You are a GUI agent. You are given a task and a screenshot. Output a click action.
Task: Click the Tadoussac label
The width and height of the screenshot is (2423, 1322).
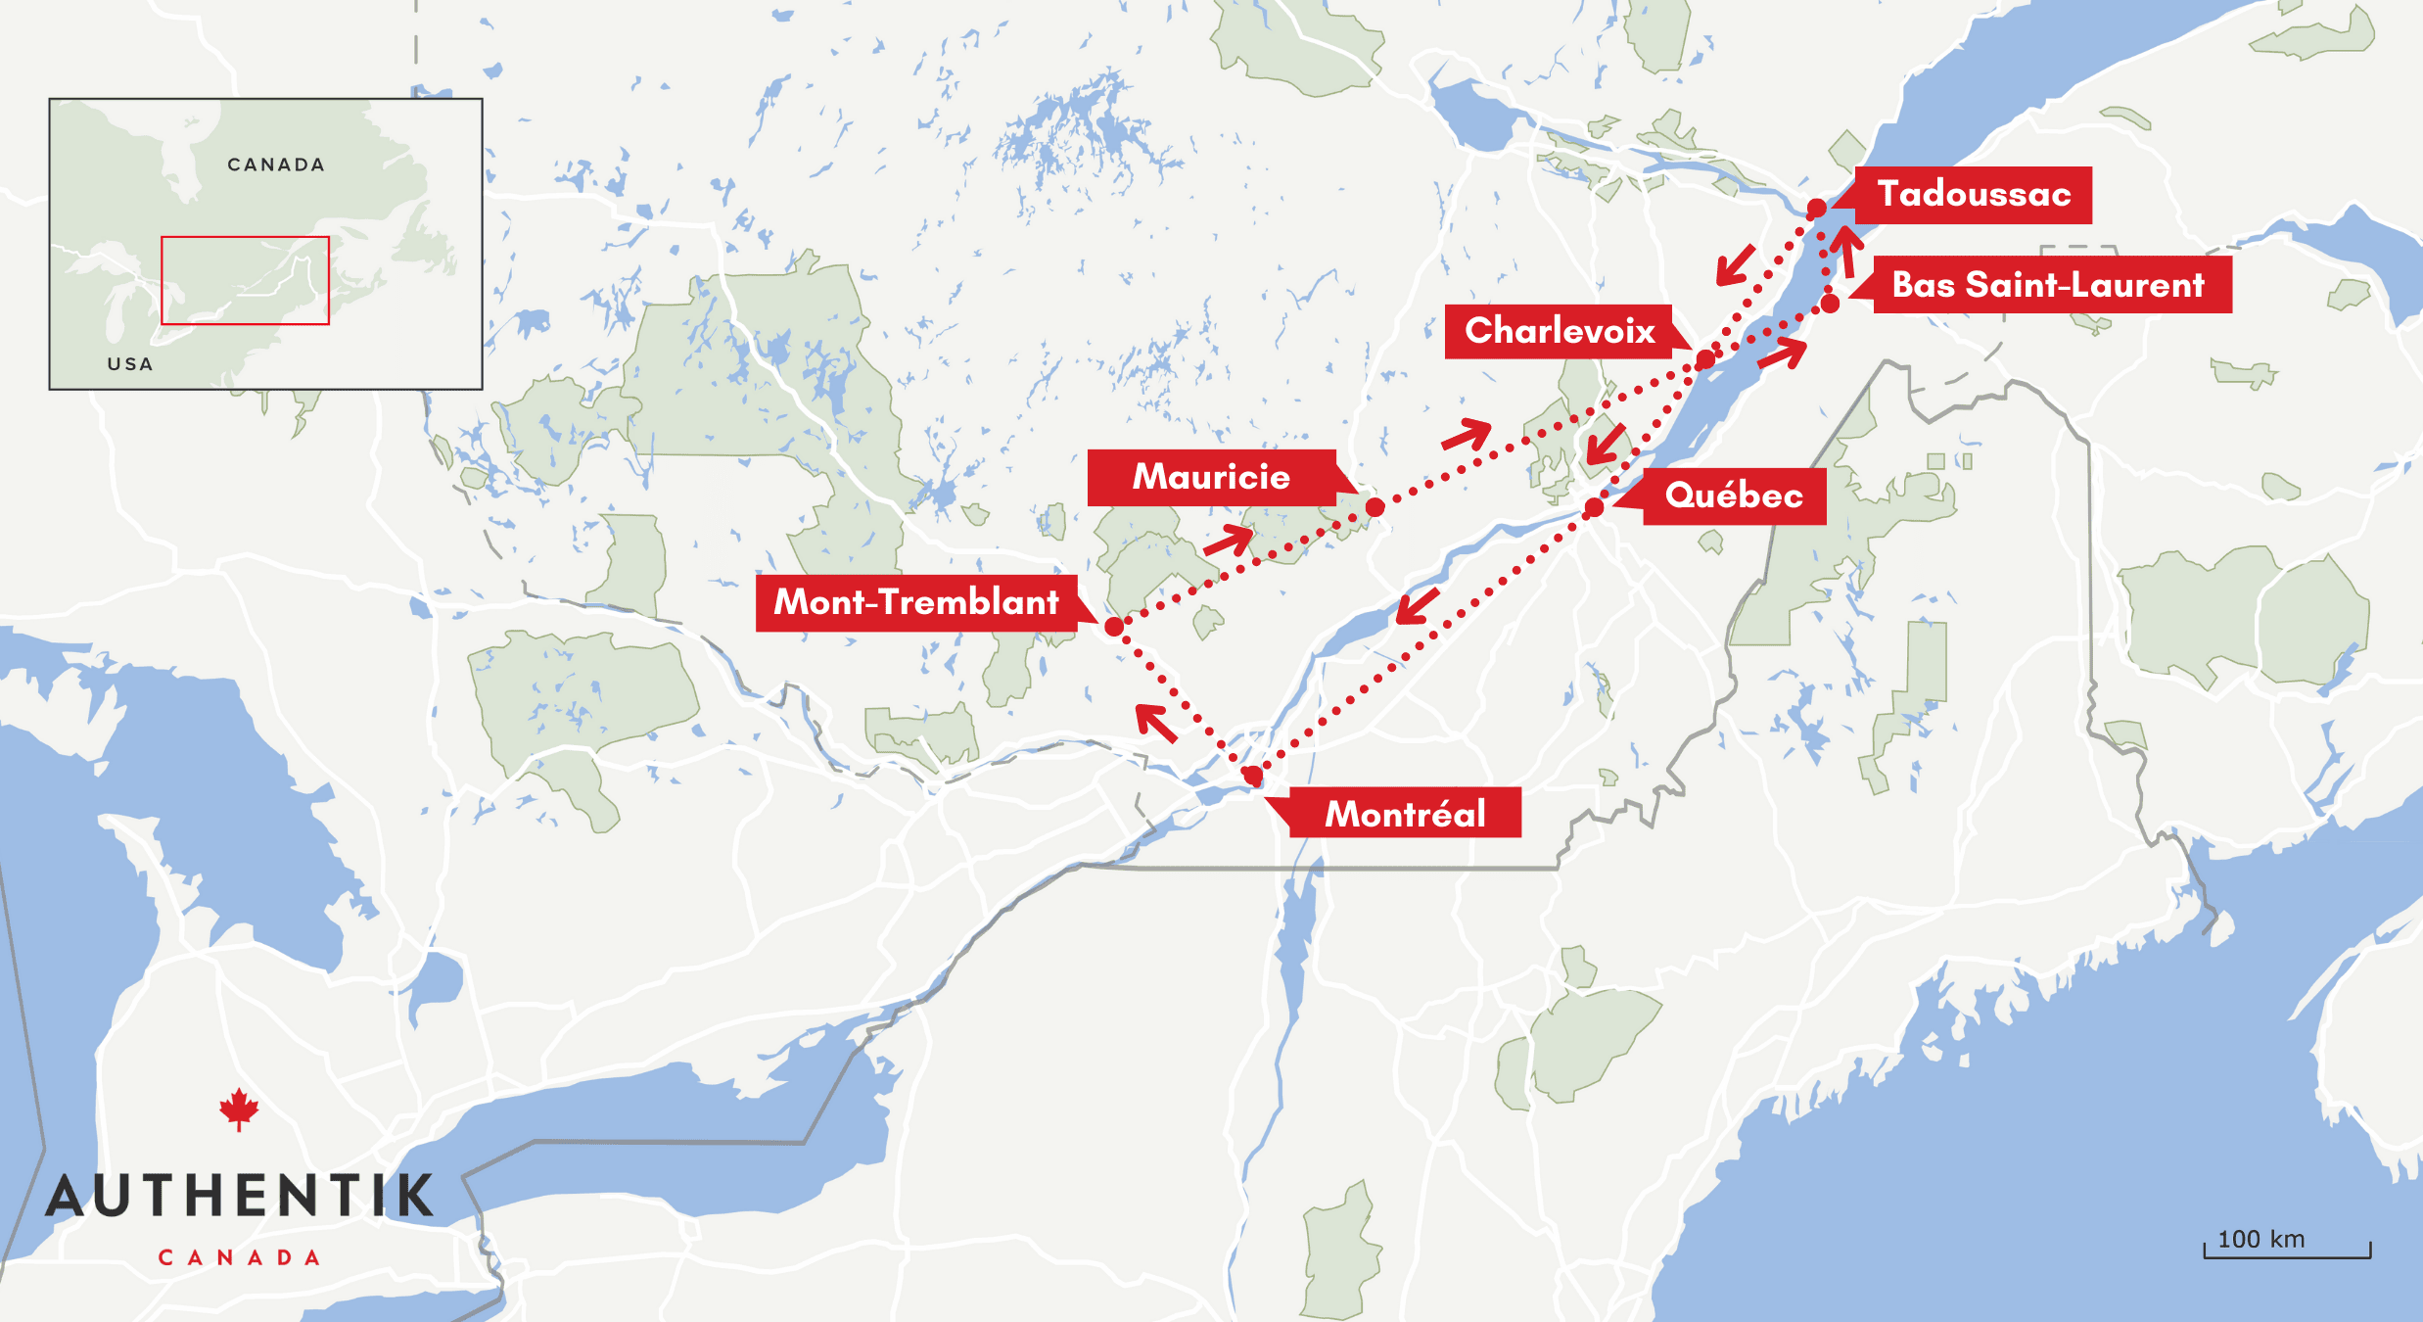click(x=1974, y=195)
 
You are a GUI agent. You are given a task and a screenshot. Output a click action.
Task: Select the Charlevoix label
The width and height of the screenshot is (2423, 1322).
click(x=1560, y=331)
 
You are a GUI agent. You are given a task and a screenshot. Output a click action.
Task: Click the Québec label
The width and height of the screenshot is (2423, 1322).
click(x=1734, y=496)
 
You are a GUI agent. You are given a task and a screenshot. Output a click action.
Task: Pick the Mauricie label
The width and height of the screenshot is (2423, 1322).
click(x=1211, y=477)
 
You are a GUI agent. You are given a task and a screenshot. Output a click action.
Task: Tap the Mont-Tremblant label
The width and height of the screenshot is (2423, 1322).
click(x=916, y=602)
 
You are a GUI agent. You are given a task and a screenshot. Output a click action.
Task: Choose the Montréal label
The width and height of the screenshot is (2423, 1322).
click(x=1405, y=814)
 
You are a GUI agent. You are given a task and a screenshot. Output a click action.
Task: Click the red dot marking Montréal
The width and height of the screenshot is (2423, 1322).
click(x=1252, y=777)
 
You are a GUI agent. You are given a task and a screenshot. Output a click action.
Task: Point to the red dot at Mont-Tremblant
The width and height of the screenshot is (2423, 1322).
click(x=1114, y=627)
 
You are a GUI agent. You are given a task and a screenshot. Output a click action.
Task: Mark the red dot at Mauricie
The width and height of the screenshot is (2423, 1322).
click(x=1375, y=507)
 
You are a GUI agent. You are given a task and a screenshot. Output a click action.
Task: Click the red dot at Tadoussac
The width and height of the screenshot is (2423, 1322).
click(x=1816, y=209)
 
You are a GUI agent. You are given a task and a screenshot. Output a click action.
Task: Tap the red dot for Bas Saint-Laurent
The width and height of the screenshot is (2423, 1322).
click(x=1830, y=305)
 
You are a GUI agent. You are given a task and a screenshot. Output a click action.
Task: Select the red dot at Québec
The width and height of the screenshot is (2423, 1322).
click(x=1594, y=507)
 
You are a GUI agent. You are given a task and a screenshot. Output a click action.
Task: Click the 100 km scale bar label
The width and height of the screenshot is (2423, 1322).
click(x=2260, y=1240)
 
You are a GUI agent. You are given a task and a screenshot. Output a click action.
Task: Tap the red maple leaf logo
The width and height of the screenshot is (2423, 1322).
click(x=239, y=1110)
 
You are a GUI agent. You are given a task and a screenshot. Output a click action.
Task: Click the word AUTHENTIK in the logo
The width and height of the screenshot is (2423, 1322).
click(x=240, y=1197)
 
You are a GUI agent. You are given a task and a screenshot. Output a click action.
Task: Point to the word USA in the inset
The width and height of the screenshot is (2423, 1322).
click(x=130, y=364)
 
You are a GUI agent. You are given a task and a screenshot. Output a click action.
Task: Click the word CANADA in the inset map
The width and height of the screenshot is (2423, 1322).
click(x=276, y=165)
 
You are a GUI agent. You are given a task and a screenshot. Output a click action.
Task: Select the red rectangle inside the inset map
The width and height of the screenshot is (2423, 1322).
click(x=245, y=280)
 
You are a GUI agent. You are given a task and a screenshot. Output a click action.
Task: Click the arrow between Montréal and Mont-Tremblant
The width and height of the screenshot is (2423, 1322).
click(x=1156, y=723)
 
